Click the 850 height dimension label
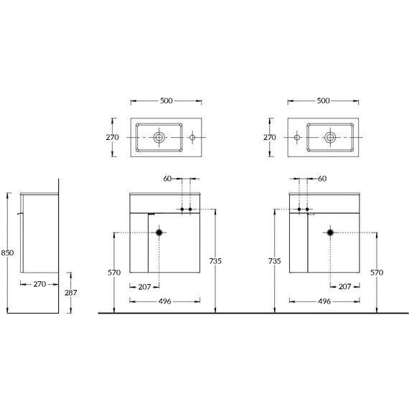click(x=7, y=253)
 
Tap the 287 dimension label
click(x=71, y=293)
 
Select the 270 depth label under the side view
click(x=39, y=284)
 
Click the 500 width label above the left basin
click(x=166, y=100)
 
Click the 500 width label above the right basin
click(x=323, y=100)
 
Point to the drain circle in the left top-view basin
click(x=159, y=137)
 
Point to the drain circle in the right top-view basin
click(x=330, y=137)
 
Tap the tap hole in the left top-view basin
click(x=192, y=137)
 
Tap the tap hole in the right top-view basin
click(x=297, y=137)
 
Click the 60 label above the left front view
click(x=167, y=179)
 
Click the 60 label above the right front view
click(x=322, y=179)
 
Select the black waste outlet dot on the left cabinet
click(x=159, y=232)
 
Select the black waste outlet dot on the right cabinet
click(x=330, y=232)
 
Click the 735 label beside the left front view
click(x=215, y=261)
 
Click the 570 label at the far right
click(x=377, y=273)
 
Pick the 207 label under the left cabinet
click(x=144, y=287)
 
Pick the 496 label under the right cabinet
click(x=324, y=301)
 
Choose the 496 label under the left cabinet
click(x=165, y=301)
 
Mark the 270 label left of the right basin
click(x=270, y=137)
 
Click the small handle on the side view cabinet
click(x=20, y=214)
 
